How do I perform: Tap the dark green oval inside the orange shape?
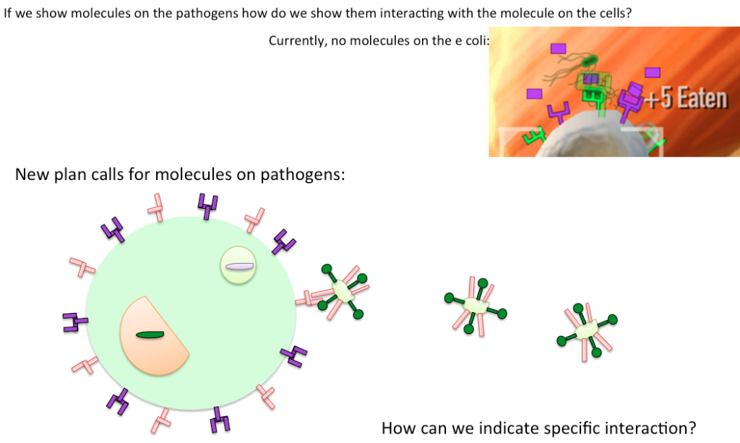click(150, 335)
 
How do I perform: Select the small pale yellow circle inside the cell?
click(238, 265)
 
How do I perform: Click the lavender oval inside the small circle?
click(240, 266)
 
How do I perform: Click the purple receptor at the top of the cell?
click(207, 206)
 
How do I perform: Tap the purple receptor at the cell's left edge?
click(74, 323)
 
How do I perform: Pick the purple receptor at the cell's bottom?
click(220, 420)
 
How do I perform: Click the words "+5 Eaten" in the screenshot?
click(686, 98)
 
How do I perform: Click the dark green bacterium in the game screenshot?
click(589, 61)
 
